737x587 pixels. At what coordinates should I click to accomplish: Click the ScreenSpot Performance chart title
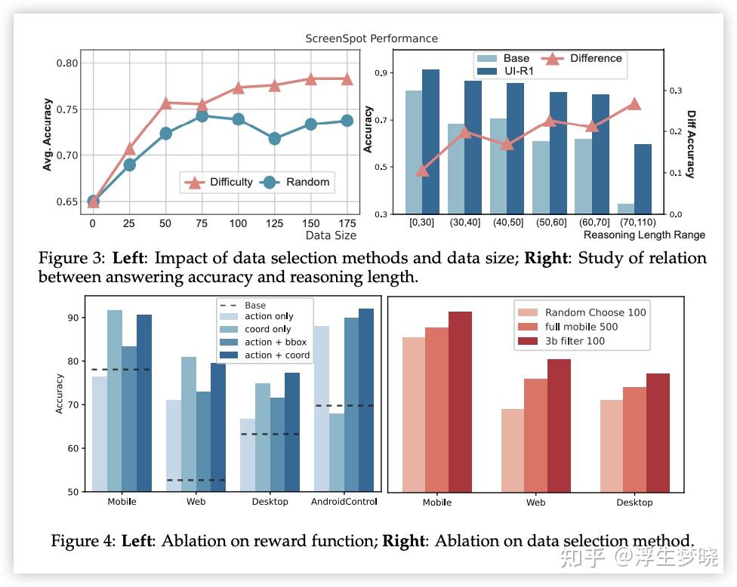click(371, 38)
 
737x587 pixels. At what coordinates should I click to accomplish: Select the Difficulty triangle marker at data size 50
click(165, 103)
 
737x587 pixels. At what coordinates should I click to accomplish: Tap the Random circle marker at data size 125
click(274, 138)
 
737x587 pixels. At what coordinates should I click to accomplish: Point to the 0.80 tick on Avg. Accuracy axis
click(67, 63)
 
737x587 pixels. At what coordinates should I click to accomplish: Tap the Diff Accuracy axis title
click(691, 143)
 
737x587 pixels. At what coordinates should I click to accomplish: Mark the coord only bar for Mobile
click(115, 401)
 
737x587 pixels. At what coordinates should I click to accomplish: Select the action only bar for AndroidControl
click(320, 408)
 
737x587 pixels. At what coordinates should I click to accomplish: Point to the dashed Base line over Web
click(196, 480)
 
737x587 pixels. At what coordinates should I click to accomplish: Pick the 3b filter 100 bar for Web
click(559, 426)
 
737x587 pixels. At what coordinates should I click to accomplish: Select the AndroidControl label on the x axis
click(344, 501)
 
